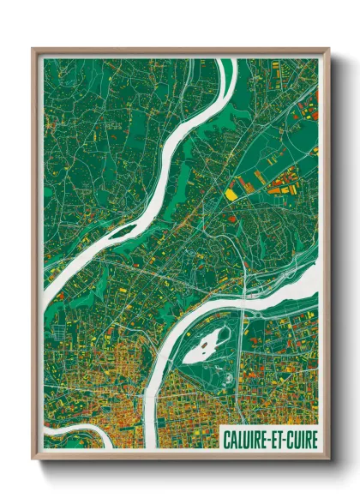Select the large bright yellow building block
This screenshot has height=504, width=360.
tap(231, 195)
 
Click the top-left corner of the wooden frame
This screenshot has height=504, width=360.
tap(33, 49)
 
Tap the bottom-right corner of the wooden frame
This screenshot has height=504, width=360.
tap(328, 458)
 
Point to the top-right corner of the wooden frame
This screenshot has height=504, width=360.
tap(328, 49)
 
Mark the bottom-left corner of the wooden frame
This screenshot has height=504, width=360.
tap(33, 458)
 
